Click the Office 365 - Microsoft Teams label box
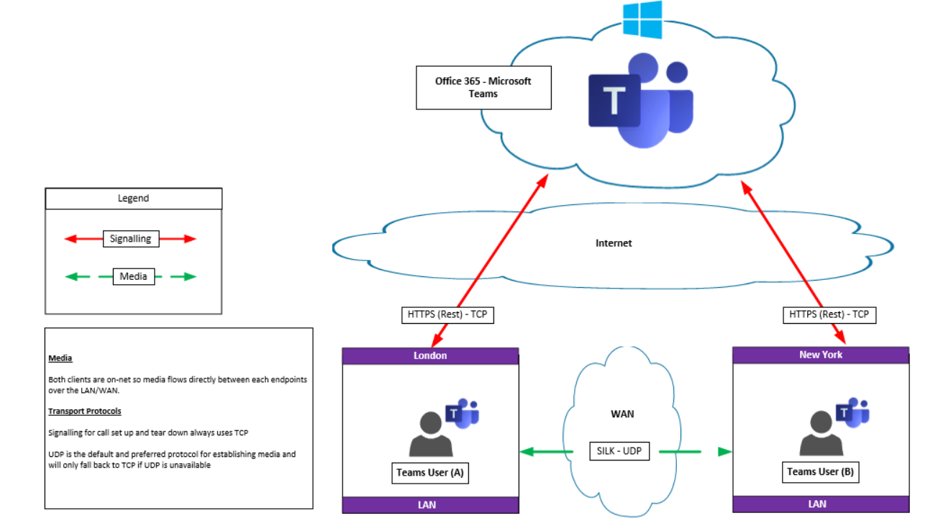(483, 88)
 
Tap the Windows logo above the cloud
(642, 19)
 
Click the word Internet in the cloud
(613, 243)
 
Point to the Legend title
(133, 199)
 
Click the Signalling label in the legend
(130, 239)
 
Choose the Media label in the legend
(133, 276)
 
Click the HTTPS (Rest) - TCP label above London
(447, 314)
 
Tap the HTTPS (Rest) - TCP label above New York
(829, 314)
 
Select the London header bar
(430, 355)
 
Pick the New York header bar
(820, 355)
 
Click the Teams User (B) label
(821, 472)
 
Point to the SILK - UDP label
(619, 451)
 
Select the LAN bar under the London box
(430, 505)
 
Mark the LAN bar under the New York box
(820, 504)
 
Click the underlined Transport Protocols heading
(85, 412)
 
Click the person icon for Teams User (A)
(430, 435)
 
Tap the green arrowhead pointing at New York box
(724, 452)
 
